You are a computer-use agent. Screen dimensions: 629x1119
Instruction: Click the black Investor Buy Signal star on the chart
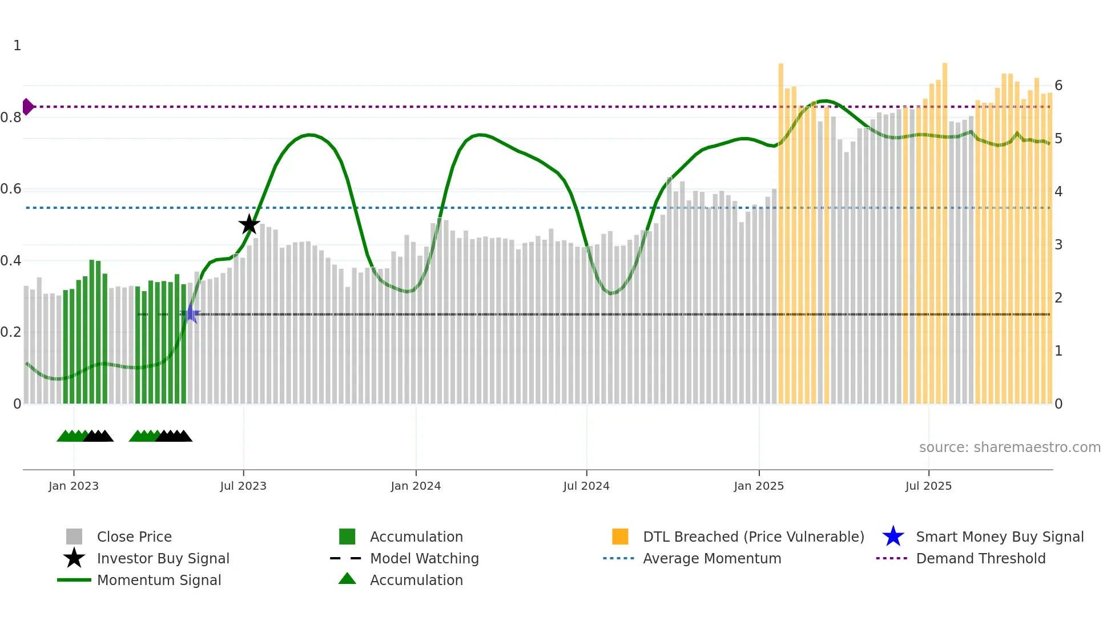pyautogui.click(x=249, y=224)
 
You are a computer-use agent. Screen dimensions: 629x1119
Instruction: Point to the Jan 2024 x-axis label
pyautogui.click(x=416, y=486)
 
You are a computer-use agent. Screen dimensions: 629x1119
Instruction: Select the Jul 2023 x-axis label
pyautogui.click(x=243, y=486)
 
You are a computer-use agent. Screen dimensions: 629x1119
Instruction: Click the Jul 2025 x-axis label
pyautogui.click(x=928, y=486)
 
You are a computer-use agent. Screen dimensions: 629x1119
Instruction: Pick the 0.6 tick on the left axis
pyautogui.click(x=11, y=189)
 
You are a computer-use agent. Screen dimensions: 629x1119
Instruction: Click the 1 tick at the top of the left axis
pyautogui.click(x=17, y=46)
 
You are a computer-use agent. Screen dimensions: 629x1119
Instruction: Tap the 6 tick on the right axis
pyautogui.click(x=1058, y=86)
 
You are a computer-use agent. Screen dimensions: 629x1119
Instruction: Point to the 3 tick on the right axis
pyautogui.click(x=1058, y=245)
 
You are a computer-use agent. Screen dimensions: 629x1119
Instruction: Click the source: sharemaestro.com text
pyautogui.click(x=1009, y=447)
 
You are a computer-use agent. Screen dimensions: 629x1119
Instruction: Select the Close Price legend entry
pyautogui.click(x=134, y=537)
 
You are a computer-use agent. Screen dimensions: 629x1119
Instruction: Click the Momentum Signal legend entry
pyautogui.click(x=159, y=580)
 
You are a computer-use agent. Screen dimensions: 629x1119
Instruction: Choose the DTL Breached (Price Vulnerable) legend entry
pyautogui.click(x=753, y=537)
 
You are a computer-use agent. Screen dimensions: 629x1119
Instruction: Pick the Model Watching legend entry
pyautogui.click(x=424, y=558)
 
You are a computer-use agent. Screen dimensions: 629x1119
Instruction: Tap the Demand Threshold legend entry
pyautogui.click(x=980, y=558)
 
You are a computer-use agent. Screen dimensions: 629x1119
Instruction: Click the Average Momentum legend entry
pyautogui.click(x=712, y=558)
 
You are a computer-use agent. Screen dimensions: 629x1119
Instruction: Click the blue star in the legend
pyautogui.click(x=893, y=537)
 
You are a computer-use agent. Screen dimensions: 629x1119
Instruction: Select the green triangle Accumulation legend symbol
pyautogui.click(x=347, y=579)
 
